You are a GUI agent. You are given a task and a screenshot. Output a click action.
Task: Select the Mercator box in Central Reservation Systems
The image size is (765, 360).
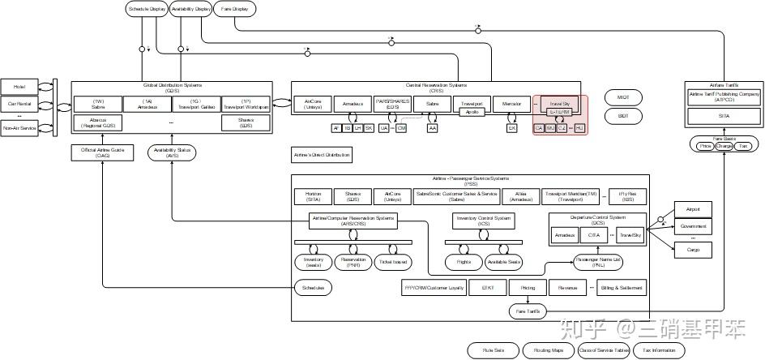pyautogui.click(x=511, y=104)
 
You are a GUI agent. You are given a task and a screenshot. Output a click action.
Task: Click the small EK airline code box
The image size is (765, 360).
pyautogui.click(x=511, y=128)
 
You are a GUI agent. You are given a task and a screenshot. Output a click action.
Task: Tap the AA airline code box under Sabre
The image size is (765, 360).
pyautogui.click(x=433, y=128)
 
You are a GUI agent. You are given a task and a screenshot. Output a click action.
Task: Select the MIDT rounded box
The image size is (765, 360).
pyautogui.click(x=622, y=97)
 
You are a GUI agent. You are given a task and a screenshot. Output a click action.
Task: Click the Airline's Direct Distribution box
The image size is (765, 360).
pyautogui.click(x=322, y=152)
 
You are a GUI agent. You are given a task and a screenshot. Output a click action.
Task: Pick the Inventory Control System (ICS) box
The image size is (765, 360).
pyautogui.click(x=484, y=221)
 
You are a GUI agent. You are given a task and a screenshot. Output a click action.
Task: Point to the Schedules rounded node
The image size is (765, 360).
pyautogui.click(x=313, y=288)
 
